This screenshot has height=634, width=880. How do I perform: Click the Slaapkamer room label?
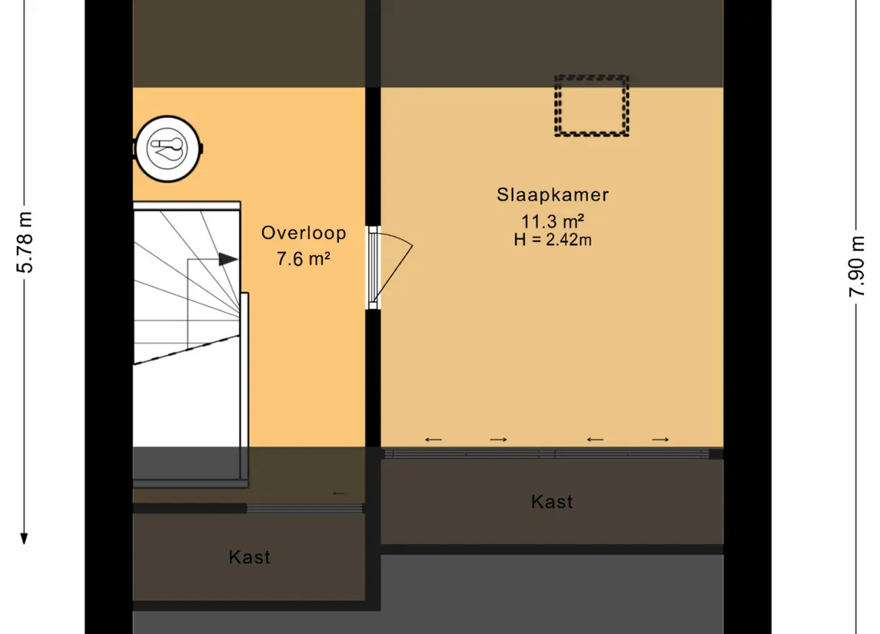[x=553, y=194]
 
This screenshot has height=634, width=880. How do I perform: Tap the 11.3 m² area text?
[x=553, y=221]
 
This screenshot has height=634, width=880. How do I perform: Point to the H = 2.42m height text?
[x=553, y=240]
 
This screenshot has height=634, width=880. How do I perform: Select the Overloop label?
[x=303, y=234]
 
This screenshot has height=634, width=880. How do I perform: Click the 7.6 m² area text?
[x=303, y=259]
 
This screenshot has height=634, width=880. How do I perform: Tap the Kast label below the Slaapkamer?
[x=552, y=502]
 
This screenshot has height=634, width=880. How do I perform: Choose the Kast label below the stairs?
[x=249, y=557]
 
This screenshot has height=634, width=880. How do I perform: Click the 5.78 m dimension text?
[x=25, y=242]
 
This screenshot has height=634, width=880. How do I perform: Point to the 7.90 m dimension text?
[x=856, y=267]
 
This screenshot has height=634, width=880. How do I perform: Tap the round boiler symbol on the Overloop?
[x=168, y=148]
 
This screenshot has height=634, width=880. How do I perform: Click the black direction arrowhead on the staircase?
[x=227, y=259]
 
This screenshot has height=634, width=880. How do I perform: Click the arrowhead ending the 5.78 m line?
[x=24, y=539]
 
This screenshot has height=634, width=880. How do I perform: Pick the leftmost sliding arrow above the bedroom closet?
[x=433, y=440]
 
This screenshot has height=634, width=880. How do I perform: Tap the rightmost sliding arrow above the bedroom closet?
[x=660, y=440]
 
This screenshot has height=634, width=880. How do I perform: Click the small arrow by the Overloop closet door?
[x=338, y=493]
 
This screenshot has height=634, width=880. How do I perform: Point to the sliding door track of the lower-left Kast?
[x=305, y=508]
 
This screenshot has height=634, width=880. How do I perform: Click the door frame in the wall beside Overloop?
[x=373, y=267]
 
